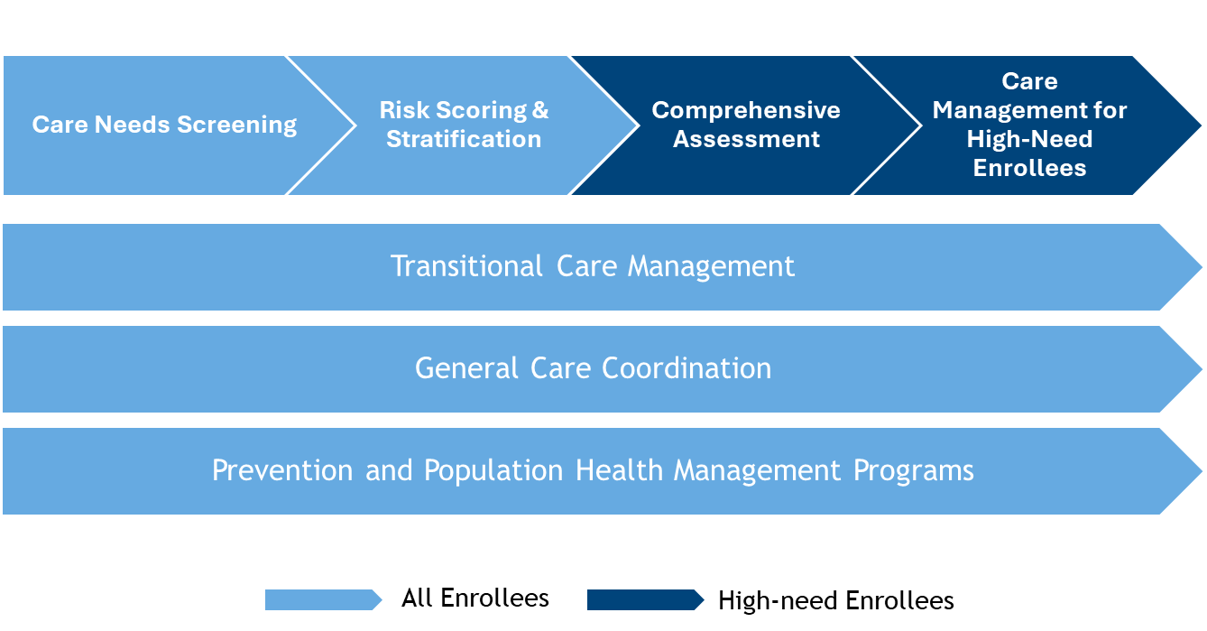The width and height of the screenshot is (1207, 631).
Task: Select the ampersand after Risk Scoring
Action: coord(540,110)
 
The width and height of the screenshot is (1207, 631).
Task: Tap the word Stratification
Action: coord(464,139)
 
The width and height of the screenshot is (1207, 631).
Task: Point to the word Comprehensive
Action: coord(746,110)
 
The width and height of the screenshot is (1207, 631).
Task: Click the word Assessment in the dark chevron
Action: coord(746,139)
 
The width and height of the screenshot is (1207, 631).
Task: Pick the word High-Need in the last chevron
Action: coord(1029,139)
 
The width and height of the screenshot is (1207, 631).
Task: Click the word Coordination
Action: coord(686,368)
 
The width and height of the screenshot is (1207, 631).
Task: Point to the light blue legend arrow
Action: coord(323,599)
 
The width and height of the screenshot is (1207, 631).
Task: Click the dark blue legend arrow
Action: coord(645,599)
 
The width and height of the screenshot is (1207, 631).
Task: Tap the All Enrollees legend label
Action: coord(475,599)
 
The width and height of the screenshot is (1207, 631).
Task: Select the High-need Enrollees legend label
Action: coord(835,600)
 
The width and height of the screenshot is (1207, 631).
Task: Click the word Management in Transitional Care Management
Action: coord(711,266)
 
